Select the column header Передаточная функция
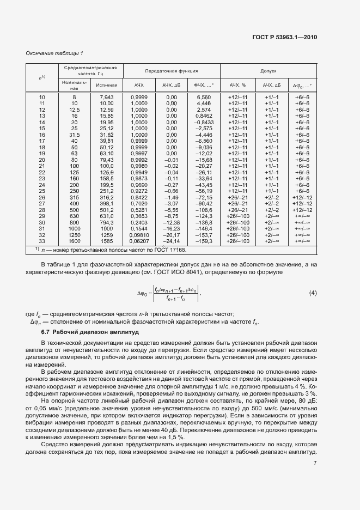tap(171, 71)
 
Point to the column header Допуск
tap(268, 71)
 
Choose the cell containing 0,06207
tap(139, 241)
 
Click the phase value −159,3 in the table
tap(203, 241)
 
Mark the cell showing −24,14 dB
tap(170, 241)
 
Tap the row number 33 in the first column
tap(42, 241)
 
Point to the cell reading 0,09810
tap(139, 235)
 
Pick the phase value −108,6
tap(203, 210)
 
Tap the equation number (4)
tap(313, 294)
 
